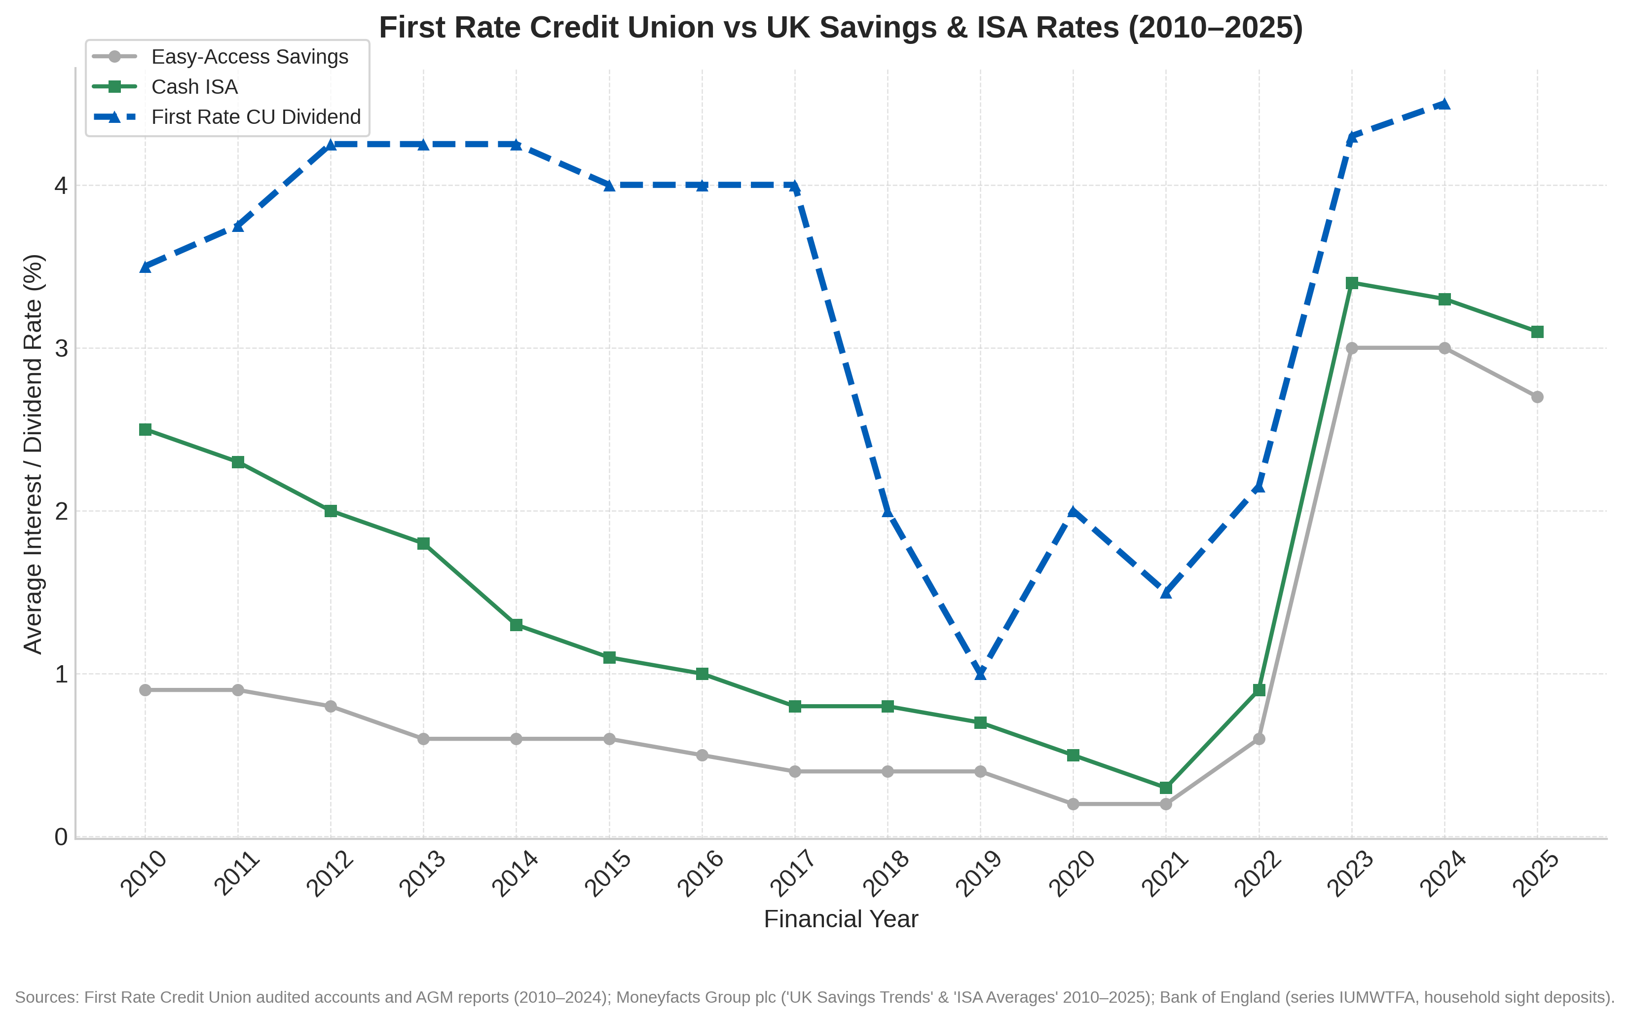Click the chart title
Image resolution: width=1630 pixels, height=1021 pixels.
840,28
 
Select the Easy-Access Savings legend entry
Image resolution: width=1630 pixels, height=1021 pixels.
249,57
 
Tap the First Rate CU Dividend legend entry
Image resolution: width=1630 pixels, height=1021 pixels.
256,117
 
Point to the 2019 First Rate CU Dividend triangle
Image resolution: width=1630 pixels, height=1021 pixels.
981,673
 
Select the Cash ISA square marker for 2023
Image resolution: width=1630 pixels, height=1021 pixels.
1352,283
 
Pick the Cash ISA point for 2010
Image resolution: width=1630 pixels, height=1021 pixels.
145,429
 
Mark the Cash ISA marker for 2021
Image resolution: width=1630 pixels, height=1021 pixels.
1166,788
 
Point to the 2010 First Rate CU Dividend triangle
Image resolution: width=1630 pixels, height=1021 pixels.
145,267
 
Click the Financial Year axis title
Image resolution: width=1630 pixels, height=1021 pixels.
840,919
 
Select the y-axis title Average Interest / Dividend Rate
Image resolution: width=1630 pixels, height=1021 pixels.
33,454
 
